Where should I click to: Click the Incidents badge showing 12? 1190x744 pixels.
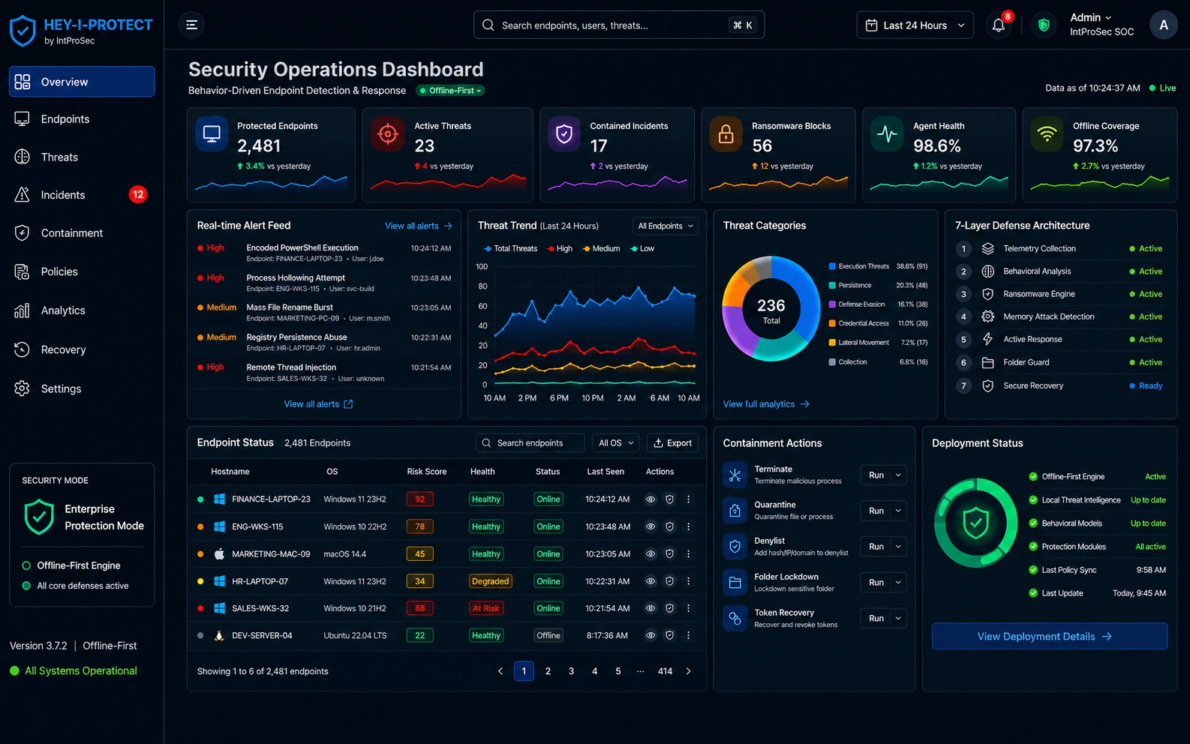click(x=137, y=194)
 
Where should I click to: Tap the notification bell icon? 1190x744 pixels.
click(x=998, y=25)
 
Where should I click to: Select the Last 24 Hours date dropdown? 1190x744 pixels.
click(x=915, y=25)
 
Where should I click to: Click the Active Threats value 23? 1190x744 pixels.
click(x=424, y=145)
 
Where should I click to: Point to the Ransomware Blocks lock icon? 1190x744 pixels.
click(x=726, y=133)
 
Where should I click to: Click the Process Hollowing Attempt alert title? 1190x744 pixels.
click(x=296, y=277)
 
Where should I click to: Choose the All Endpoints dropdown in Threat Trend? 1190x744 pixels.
click(x=665, y=226)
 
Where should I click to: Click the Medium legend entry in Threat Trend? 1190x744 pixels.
click(x=601, y=248)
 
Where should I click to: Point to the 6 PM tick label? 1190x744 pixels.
click(x=559, y=397)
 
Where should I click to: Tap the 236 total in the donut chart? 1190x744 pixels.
click(x=771, y=305)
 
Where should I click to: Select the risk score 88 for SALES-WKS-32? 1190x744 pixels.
click(x=419, y=608)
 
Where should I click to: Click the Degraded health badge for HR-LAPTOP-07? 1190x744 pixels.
click(x=490, y=581)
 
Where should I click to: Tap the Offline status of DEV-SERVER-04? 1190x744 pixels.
click(x=548, y=635)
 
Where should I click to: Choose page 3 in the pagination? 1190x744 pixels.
click(x=571, y=671)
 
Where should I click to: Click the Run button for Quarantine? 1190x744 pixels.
click(x=876, y=510)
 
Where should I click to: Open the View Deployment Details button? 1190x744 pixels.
click(x=1049, y=636)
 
